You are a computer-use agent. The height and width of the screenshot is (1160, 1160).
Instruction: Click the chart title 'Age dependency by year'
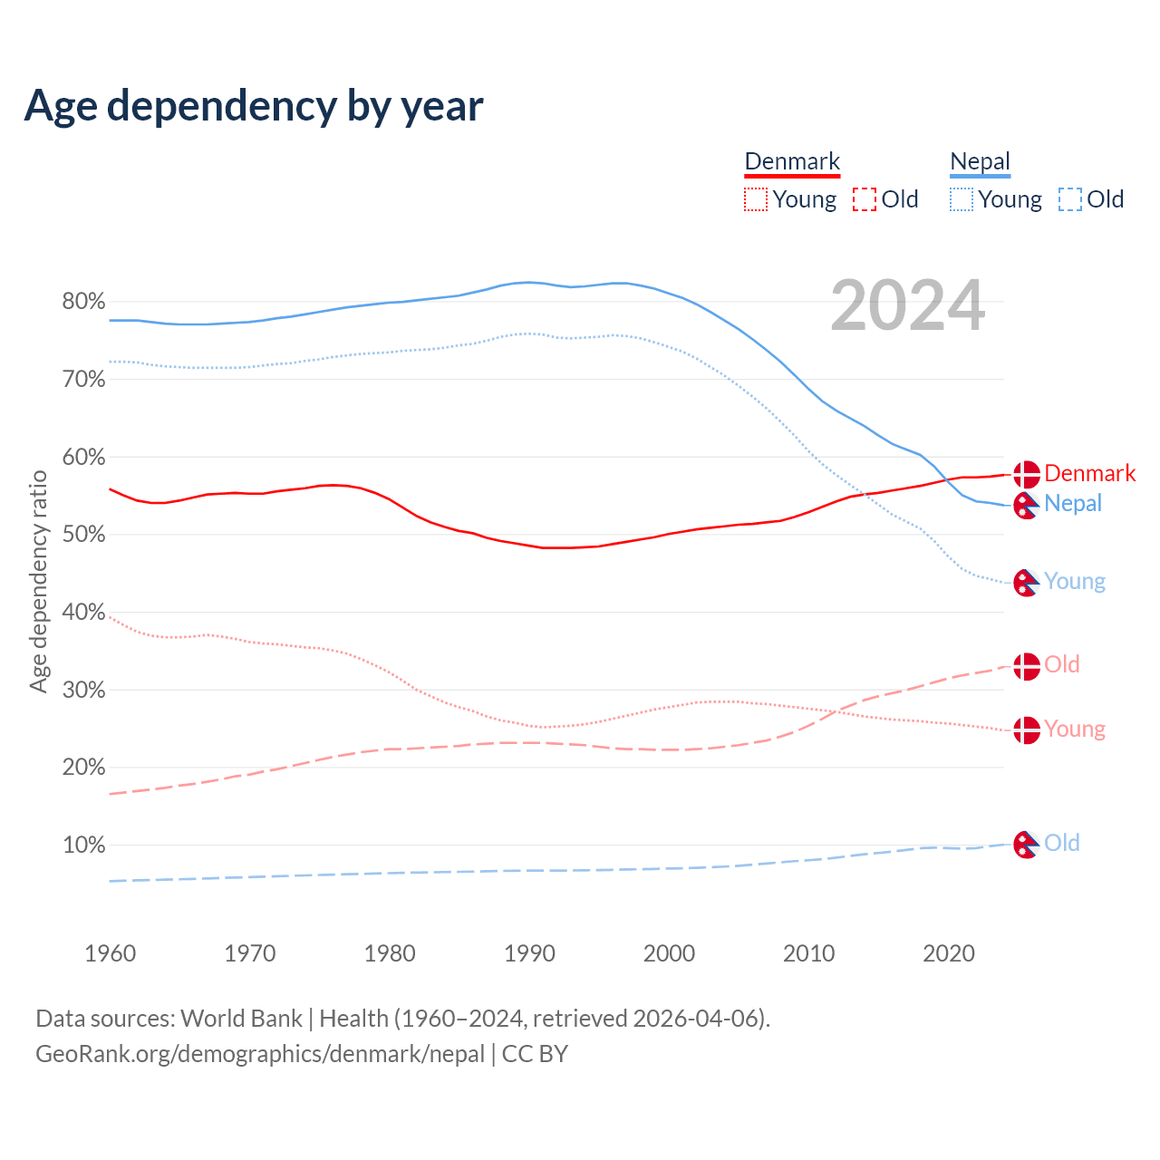pos(254,105)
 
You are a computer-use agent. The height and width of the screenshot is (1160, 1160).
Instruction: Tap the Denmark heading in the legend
pos(792,161)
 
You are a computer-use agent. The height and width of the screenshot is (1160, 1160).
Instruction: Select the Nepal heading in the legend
pos(980,161)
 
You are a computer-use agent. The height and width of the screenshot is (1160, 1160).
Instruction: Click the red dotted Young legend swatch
pos(756,199)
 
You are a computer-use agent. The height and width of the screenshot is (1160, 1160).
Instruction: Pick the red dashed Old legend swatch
pos(865,199)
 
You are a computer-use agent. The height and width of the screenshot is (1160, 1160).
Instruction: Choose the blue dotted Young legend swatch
pos(962,199)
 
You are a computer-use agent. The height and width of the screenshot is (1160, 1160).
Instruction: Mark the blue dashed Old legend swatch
pos(1070,199)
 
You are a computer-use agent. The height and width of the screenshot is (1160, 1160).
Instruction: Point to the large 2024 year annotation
pos(907,306)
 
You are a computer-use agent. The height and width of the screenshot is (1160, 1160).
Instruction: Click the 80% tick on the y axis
pos(83,302)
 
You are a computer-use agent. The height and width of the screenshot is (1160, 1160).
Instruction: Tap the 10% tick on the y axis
pos(83,846)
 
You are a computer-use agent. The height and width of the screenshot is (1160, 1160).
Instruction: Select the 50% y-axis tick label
pos(83,535)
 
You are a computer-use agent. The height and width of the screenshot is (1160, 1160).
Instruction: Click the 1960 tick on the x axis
pos(111,953)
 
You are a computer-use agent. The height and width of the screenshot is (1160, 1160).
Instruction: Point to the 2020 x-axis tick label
pos(949,953)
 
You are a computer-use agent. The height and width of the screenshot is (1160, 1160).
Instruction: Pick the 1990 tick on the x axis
pos(529,953)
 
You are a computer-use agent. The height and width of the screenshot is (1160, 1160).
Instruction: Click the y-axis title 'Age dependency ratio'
pos(38,581)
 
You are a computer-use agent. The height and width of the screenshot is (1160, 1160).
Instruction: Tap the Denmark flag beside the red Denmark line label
pos(1026,474)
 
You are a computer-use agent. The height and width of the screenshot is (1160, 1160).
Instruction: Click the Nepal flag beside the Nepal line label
pos(1026,504)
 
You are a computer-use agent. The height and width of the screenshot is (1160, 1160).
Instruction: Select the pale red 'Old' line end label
pos(1062,665)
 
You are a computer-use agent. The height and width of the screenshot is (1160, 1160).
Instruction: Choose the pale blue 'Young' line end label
pos(1075,582)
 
